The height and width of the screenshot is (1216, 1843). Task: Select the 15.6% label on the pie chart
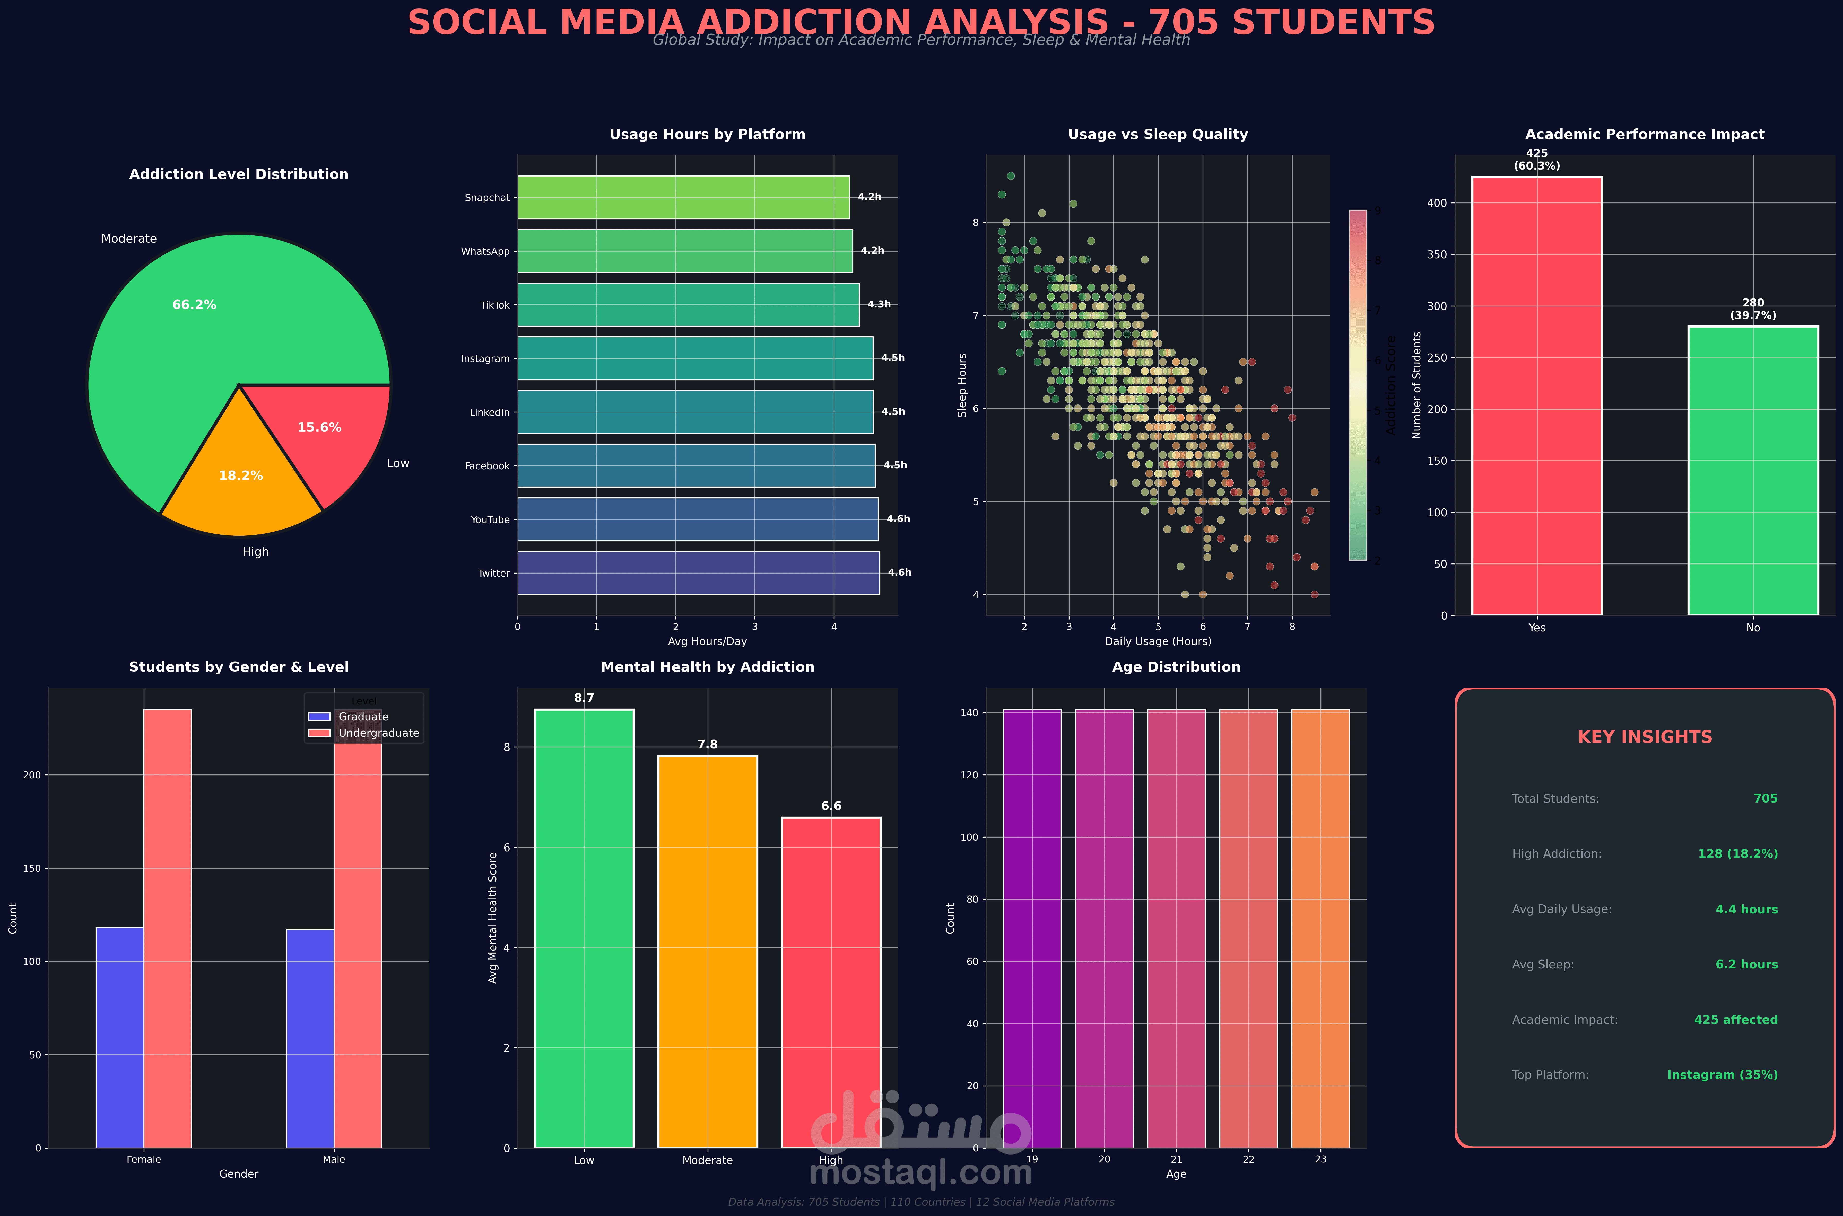(319, 427)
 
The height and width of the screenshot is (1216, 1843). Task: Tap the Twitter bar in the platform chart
(698, 573)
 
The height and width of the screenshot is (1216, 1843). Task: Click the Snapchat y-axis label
(487, 198)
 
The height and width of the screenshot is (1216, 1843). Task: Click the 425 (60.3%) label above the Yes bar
(1537, 160)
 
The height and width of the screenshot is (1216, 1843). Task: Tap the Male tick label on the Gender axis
(334, 1159)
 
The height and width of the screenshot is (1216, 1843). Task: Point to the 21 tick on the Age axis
(1176, 1159)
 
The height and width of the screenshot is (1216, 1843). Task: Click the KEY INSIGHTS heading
(1645, 737)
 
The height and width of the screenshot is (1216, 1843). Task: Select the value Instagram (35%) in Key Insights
(1722, 1075)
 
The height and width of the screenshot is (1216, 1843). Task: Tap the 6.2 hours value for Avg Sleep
(1746, 965)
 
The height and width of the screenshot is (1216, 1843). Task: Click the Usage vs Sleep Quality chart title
(1157, 134)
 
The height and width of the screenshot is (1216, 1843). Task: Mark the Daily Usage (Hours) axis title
(1157, 641)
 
